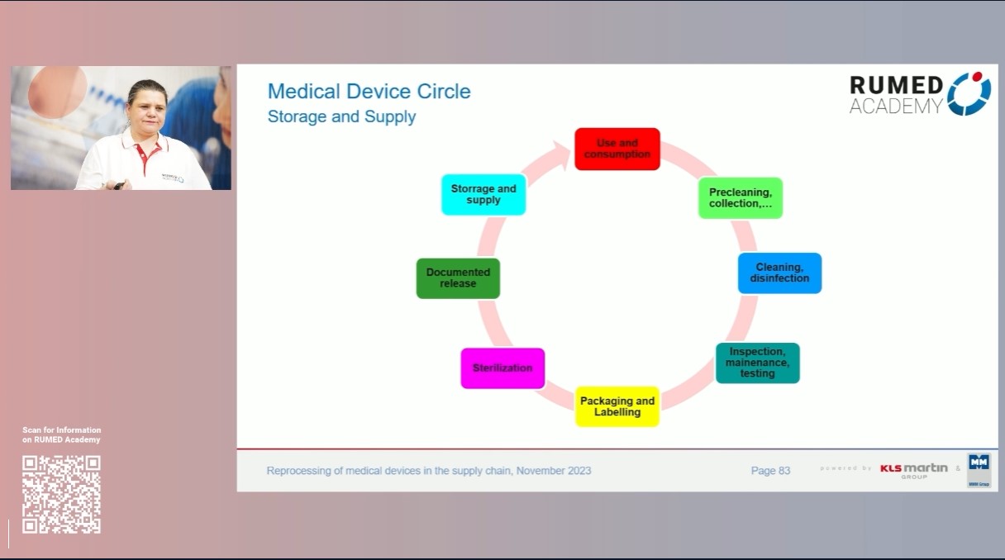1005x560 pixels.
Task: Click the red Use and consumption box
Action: point(617,149)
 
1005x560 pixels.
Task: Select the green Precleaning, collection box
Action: point(740,198)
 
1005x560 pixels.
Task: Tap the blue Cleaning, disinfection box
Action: point(779,273)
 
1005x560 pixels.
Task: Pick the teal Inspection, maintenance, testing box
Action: point(757,363)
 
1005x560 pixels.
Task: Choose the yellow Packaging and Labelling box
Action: point(617,406)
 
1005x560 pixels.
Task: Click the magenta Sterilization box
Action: point(502,368)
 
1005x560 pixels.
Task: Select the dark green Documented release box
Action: point(458,278)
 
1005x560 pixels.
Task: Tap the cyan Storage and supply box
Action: point(483,195)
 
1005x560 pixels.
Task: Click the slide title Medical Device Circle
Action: point(369,91)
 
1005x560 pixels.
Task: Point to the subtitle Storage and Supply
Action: point(341,116)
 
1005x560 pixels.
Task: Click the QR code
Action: point(61,494)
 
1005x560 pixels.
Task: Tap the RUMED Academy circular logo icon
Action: point(969,93)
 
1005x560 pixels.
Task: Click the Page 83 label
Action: point(770,471)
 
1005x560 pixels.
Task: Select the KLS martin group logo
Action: point(913,470)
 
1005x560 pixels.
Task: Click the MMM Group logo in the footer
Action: point(979,470)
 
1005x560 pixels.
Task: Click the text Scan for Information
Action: point(62,430)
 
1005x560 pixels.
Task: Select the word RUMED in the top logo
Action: point(896,85)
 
